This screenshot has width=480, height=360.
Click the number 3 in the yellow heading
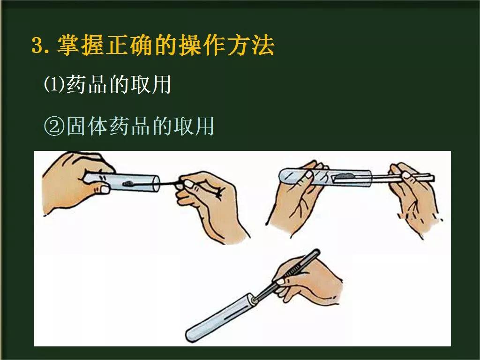(37, 46)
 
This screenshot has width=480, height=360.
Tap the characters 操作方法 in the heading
(232, 46)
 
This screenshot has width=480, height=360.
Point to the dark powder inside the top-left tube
(129, 185)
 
